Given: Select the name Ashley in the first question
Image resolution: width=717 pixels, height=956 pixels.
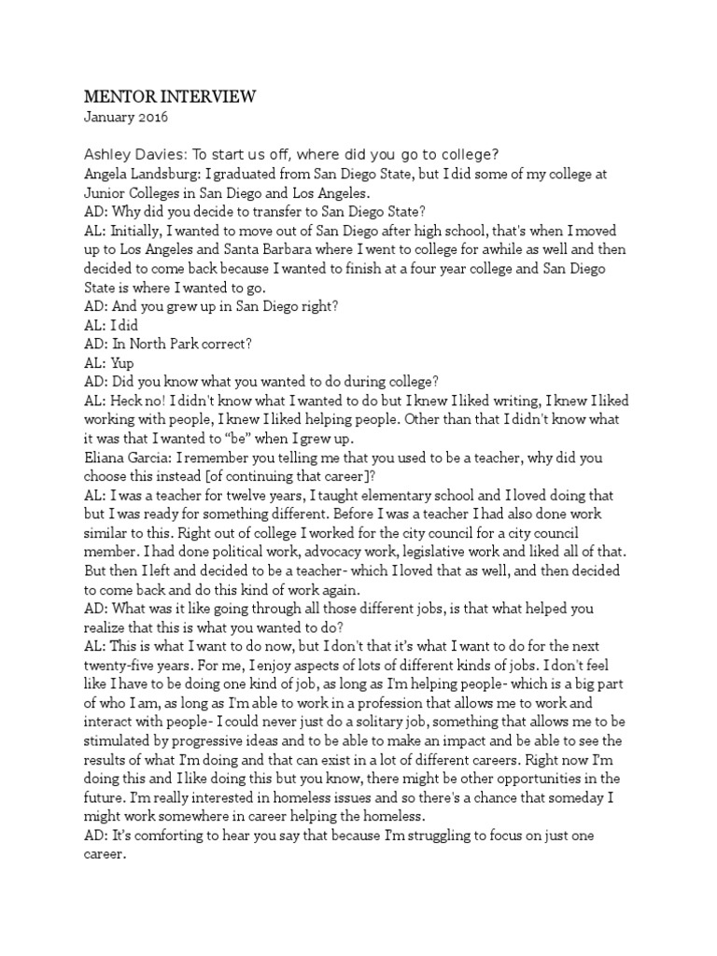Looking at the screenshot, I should click(x=110, y=154).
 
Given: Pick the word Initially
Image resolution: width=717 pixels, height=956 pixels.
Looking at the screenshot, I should click(x=137, y=231).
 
